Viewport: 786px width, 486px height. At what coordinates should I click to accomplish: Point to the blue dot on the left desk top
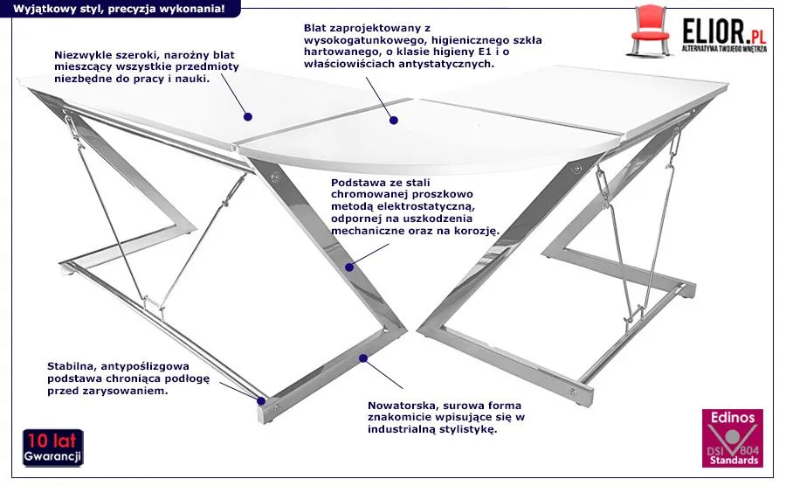coord(247,115)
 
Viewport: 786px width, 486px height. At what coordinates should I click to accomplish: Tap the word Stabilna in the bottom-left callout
coord(70,364)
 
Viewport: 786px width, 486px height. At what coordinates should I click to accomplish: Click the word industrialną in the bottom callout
coord(415,430)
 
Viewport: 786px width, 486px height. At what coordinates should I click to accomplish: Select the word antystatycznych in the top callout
coord(452,64)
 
